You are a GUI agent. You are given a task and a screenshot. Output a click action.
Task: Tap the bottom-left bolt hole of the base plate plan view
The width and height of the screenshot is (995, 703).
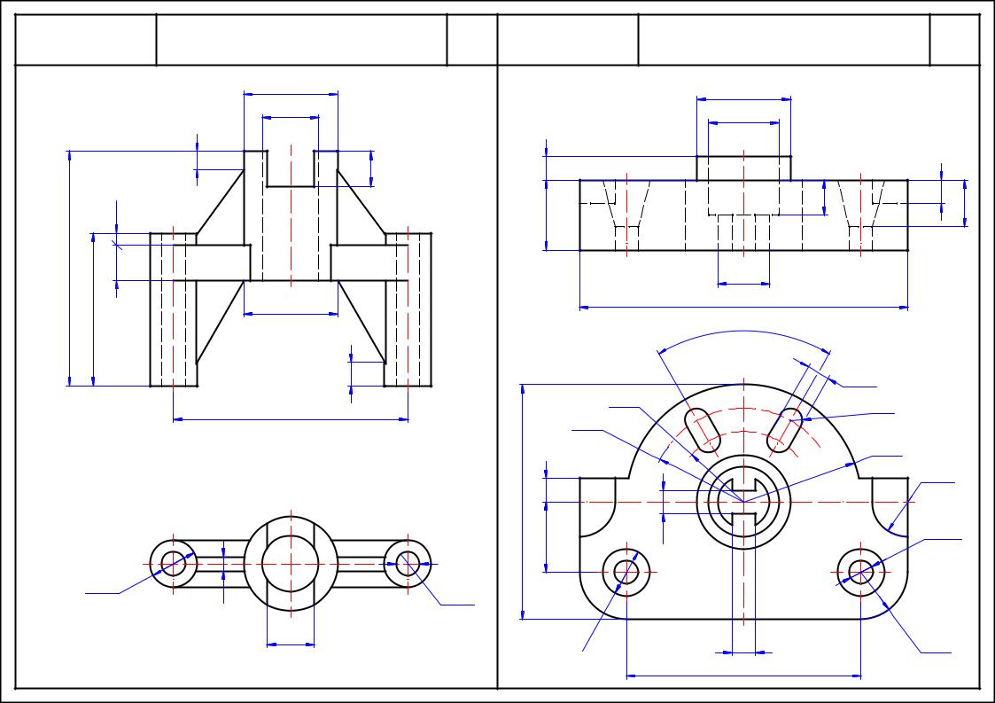click(627, 572)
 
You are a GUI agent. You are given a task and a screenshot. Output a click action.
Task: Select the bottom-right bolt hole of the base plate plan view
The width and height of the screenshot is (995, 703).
click(861, 572)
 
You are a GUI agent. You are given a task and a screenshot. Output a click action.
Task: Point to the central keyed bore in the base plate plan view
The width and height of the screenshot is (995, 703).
click(742, 502)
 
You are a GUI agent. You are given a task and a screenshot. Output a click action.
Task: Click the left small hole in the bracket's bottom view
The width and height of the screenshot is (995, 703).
click(173, 562)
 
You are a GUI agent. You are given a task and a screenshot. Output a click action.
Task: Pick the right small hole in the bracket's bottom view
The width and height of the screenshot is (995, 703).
click(408, 562)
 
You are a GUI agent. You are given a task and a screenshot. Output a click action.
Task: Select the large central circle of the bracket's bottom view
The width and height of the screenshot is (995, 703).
click(291, 563)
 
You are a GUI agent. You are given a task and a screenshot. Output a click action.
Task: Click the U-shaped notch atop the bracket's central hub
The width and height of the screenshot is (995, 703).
click(291, 168)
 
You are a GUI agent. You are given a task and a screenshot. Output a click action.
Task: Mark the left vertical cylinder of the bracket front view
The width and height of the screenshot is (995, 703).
click(173, 310)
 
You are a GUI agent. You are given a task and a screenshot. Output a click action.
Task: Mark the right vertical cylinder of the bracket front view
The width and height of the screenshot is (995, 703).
click(408, 310)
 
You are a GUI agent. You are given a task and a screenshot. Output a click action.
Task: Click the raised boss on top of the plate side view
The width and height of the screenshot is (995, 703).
click(743, 168)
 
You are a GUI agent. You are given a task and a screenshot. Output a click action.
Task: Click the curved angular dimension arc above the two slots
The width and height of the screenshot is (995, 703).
click(744, 332)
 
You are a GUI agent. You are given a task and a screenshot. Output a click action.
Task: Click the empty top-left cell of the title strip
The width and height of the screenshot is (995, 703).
click(86, 39)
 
